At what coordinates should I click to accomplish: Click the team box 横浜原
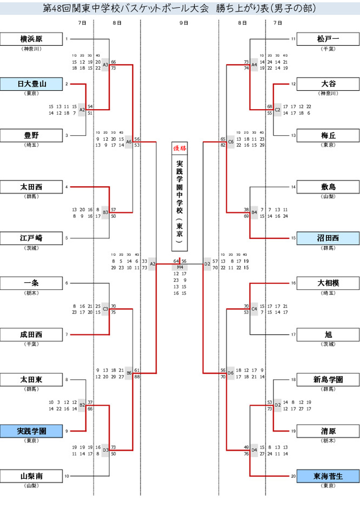[x=31, y=39]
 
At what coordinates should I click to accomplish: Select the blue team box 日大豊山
[x=31, y=84]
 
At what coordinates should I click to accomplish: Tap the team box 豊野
[x=31, y=135]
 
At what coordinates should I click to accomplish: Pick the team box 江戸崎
[x=31, y=238]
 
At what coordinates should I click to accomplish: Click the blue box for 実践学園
[x=31, y=431]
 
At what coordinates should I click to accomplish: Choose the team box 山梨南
[x=31, y=476]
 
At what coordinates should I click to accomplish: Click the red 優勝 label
[x=180, y=148]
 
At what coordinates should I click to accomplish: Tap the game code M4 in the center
[x=180, y=267]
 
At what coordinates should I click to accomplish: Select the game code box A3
[x=105, y=65]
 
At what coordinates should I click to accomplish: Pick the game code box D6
[x=231, y=373]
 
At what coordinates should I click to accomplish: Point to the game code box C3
[x=105, y=309]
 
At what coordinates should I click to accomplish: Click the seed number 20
[x=293, y=476]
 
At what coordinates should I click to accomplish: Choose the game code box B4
[x=254, y=212]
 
